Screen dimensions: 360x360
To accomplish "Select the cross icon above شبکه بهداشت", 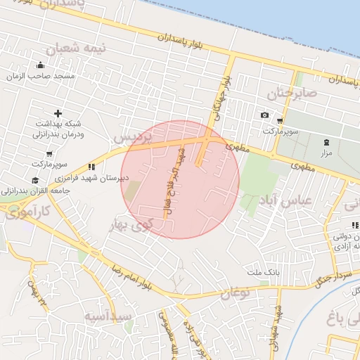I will pyautogui.click(x=58, y=113).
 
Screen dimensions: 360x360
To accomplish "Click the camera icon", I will pyautogui.click(x=264, y=115).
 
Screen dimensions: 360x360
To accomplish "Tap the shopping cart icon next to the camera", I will pyautogui.click(x=280, y=120).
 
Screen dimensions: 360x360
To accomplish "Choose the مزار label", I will pyautogui.click(x=326, y=153).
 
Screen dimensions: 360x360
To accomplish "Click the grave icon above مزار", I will pyautogui.click(x=326, y=142).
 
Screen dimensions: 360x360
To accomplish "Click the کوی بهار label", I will pyautogui.click(x=131, y=226).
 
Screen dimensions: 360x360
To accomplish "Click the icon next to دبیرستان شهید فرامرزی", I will pyautogui.click(x=91, y=167).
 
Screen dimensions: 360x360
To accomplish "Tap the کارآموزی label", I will pyautogui.click(x=27, y=212).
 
